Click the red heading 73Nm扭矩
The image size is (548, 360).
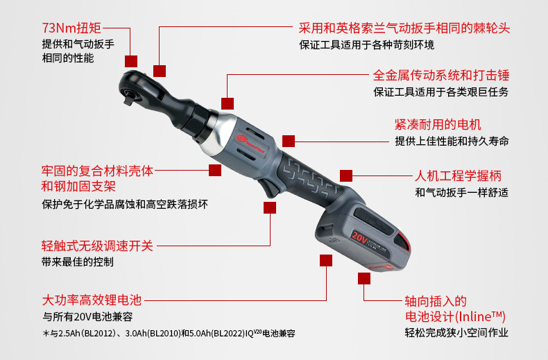(x=71, y=28)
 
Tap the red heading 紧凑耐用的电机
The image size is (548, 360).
(x=438, y=124)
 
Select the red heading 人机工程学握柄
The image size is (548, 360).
(x=458, y=175)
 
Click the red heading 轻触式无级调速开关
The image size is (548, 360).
(x=97, y=246)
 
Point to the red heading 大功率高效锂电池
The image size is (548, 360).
(x=92, y=300)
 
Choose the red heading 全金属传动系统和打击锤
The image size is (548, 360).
(x=441, y=75)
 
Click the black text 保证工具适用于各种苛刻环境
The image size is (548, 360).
(x=367, y=44)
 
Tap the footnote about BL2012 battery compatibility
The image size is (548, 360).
(x=169, y=334)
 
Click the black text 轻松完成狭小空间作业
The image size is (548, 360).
(x=456, y=332)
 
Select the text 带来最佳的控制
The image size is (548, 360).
(x=78, y=262)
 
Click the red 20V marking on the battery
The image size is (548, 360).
(x=359, y=238)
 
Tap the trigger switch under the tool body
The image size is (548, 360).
(x=268, y=188)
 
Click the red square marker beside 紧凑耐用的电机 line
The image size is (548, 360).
(x=289, y=142)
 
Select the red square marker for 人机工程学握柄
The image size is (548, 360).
(x=346, y=175)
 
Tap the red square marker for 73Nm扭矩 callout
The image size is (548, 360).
(x=131, y=61)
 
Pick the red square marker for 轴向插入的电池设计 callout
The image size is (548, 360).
(x=363, y=279)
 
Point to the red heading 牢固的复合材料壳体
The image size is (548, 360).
(x=97, y=171)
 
